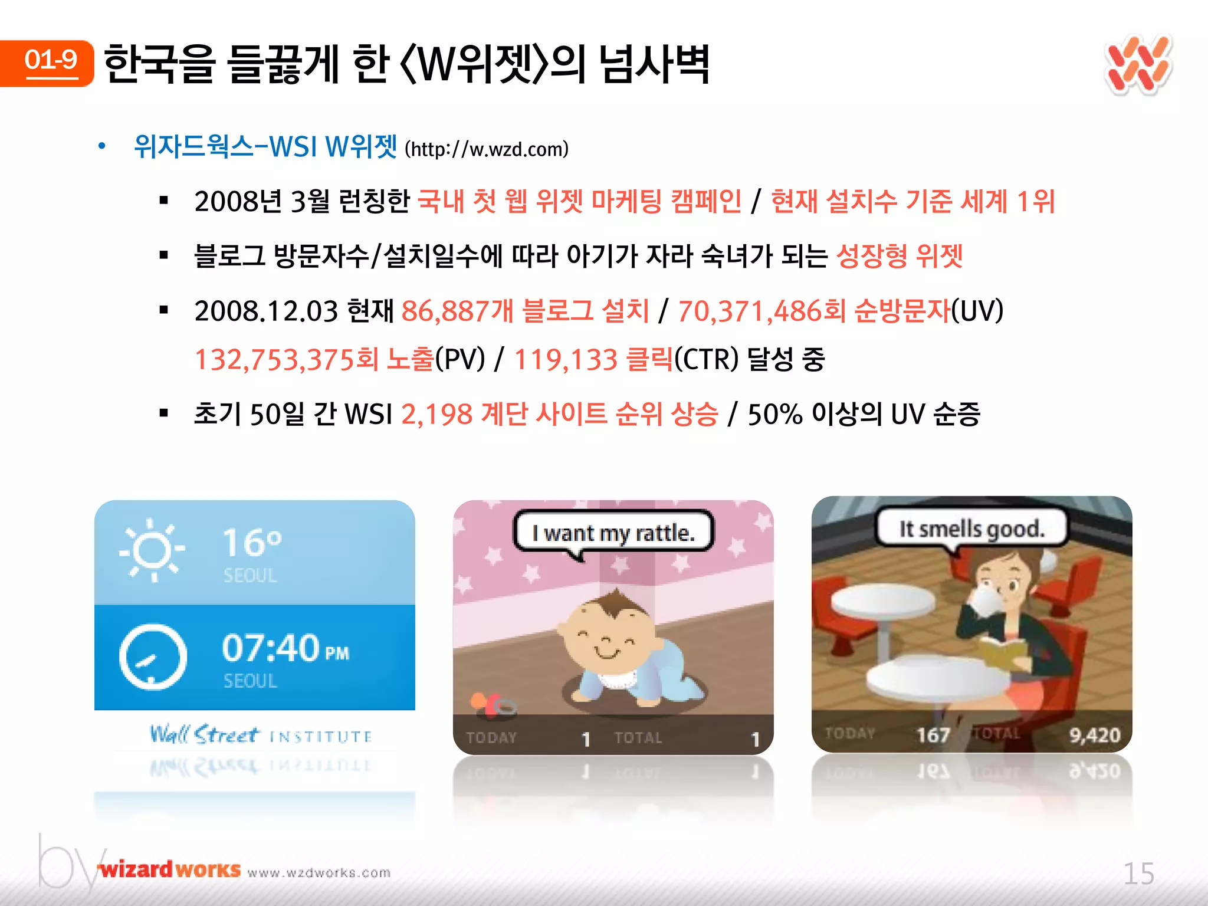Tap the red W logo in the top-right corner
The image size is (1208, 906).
pos(1137,65)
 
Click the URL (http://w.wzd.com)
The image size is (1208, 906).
pos(487,149)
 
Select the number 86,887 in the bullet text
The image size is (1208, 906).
pos(445,311)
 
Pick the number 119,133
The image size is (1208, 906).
pos(565,359)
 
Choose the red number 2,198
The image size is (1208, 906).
pos(436,414)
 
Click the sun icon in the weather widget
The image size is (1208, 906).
pos(153,550)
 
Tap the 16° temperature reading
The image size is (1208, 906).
pos(252,543)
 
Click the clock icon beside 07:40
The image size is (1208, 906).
pos(153,656)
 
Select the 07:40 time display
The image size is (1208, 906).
pos(271,648)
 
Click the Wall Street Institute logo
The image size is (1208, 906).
pos(260,735)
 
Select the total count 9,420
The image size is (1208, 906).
pos(1094,735)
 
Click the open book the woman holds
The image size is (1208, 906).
pos(1003,652)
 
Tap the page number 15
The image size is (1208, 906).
pos(1138,874)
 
